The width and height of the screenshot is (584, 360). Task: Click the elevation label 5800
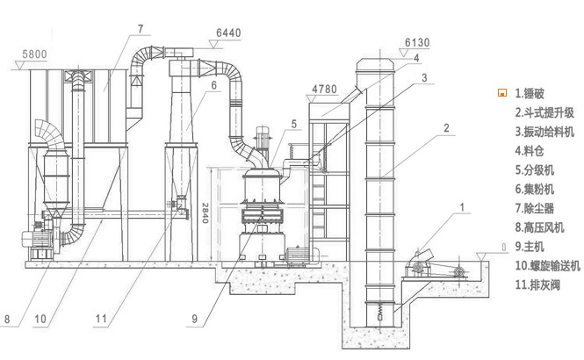point(35,54)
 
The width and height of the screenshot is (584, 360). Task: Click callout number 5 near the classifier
point(293,124)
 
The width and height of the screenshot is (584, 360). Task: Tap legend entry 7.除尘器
point(535,208)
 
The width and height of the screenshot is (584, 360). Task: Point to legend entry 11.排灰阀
point(537,284)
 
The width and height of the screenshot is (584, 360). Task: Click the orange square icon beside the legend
point(503,92)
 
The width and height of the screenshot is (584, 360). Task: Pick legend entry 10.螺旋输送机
point(547,265)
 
